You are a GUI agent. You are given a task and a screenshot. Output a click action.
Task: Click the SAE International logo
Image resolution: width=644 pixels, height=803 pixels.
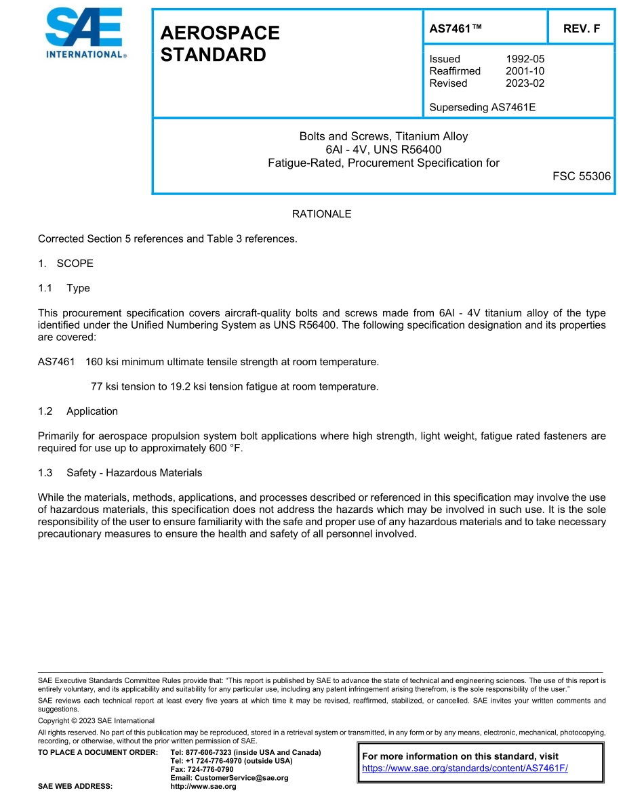click(85, 34)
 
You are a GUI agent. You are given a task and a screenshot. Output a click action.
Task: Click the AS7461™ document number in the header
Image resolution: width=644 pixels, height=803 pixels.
click(456, 28)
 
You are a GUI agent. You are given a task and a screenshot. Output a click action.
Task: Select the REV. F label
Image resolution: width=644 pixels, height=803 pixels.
click(581, 28)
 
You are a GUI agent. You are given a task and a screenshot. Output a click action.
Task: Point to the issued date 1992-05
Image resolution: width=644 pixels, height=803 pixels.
click(525, 59)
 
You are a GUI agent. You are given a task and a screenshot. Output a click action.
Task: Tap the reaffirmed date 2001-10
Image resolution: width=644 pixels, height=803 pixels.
click(525, 71)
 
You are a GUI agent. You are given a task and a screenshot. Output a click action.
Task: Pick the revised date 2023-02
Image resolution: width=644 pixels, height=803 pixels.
click(525, 83)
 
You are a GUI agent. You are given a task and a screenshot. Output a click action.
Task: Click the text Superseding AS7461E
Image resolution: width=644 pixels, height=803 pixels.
click(482, 107)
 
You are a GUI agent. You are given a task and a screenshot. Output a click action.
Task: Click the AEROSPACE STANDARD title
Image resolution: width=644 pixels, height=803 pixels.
click(220, 44)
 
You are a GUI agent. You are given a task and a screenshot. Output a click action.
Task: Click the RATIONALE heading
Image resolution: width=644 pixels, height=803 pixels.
click(321, 214)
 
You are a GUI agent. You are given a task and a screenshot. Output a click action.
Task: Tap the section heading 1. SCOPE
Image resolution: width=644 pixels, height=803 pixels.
click(66, 264)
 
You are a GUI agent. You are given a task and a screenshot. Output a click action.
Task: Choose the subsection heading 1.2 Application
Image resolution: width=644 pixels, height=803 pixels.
click(78, 411)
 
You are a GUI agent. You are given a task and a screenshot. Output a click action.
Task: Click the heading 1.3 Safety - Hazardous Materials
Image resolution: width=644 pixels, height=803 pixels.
click(120, 472)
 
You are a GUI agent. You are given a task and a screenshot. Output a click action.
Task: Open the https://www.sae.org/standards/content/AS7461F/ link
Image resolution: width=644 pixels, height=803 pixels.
click(464, 768)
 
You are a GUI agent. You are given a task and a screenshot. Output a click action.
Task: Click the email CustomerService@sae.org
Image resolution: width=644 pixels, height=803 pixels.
click(229, 778)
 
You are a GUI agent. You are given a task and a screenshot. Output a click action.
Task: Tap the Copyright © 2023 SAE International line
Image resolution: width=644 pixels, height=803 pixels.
click(96, 720)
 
